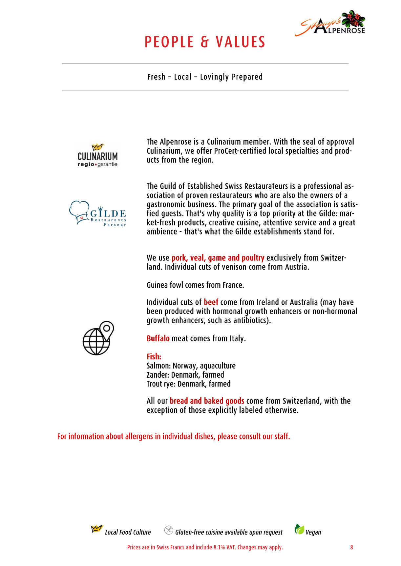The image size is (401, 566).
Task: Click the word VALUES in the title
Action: tap(240, 42)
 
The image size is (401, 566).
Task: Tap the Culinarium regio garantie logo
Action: tap(97, 156)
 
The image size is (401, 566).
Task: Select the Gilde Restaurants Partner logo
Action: tap(98, 213)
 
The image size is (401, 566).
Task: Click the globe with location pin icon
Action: tap(98, 338)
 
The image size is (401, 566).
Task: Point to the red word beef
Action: tap(211, 302)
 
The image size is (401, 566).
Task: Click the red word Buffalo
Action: tap(158, 338)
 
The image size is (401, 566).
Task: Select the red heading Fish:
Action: tap(154, 356)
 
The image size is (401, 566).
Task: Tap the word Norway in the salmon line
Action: tap(184, 366)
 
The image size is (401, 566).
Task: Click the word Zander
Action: tap(158, 375)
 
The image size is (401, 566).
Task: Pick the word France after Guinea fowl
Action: tap(233, 285)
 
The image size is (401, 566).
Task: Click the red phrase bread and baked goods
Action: tap(207, 401)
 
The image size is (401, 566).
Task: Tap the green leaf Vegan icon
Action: tap(299, 529)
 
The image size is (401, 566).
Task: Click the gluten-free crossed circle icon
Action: tap(168, 530)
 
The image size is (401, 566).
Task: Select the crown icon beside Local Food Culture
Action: tap(96, 529)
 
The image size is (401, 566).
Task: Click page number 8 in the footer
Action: tap(351, 547)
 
